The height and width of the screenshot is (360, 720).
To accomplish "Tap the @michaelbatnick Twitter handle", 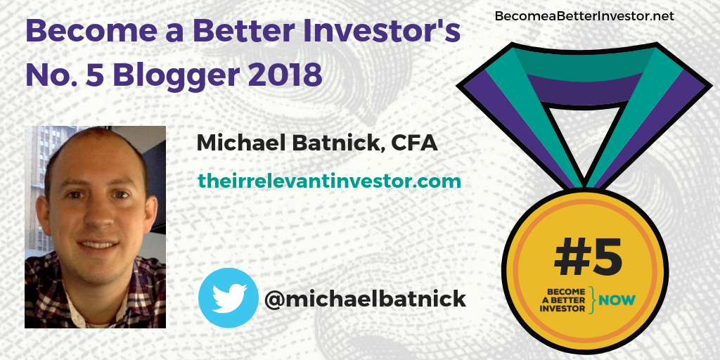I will tap(365, 299).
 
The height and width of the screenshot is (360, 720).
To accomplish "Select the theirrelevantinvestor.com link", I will tap(329, 181).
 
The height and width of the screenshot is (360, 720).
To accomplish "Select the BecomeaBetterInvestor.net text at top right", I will tap(584, 15).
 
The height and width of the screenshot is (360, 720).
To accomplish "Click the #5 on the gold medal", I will tap(588, 258).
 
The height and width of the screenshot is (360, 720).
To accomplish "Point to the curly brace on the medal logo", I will tap(593, 300).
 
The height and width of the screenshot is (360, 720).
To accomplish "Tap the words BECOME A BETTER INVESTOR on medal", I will tap(564, 300).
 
